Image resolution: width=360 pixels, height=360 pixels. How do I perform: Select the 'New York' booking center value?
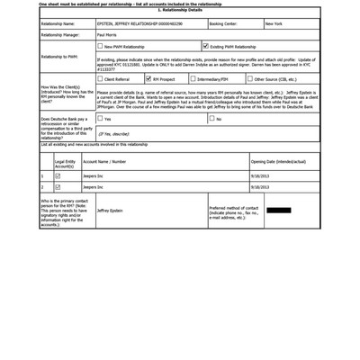click(x=274, y=23)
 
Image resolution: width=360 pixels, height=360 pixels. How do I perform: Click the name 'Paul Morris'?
click(x=107, y=34)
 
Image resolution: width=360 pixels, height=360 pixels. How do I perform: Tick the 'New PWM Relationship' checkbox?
click(x=100, y=46)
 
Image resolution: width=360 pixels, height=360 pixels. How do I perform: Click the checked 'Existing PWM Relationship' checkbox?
click(x=206, y=45)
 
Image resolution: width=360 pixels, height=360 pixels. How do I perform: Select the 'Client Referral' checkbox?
click(x=100, y=79)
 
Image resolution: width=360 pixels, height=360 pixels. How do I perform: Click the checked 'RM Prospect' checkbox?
click(x=148, y=79)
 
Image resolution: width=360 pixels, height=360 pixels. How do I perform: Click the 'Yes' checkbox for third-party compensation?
click(x=99, y=118)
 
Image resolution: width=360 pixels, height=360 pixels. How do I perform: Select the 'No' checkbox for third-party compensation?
click(x=212, y=118)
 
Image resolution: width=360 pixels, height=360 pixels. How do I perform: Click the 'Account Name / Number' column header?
click(x=104, y=162)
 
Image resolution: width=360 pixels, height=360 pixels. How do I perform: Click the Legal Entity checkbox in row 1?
click(x=58, y=175)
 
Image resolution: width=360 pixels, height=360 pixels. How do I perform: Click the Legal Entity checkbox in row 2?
click(x=58, y=187)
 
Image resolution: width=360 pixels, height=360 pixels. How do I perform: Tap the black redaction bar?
click(x=278, y=211)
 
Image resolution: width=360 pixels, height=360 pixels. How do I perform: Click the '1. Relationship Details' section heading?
click(x=179, y=9)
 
